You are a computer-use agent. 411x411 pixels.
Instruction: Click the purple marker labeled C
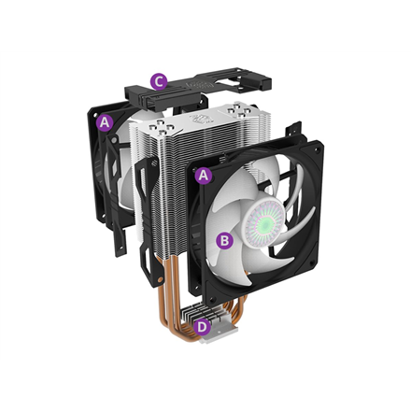click(160, 82)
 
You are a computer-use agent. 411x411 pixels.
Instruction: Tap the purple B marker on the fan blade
click(223, 240)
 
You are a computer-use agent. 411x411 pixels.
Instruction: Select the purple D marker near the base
click(203, 326)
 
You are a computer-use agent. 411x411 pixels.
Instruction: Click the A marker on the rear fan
click(105, 121)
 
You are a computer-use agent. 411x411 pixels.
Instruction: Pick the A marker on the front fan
click(205, 175)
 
